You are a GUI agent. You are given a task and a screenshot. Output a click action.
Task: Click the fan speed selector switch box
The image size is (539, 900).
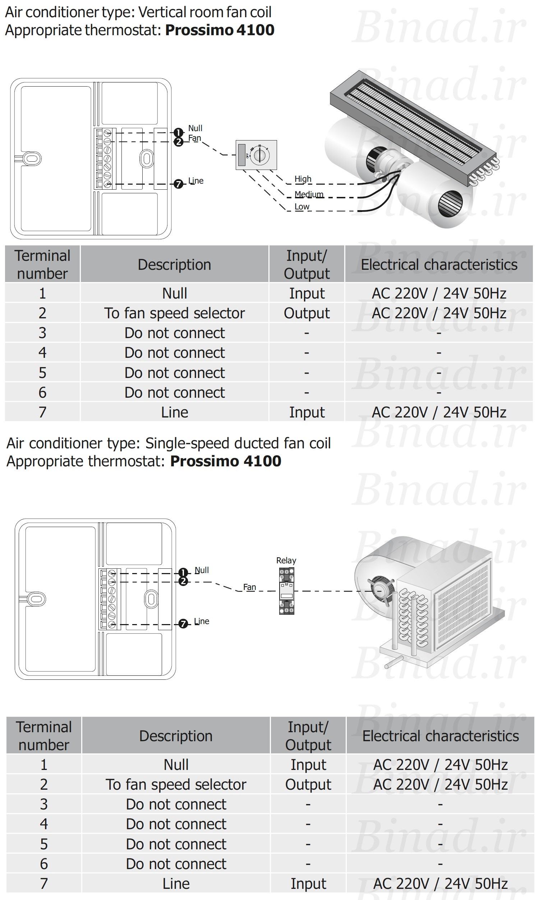click(257, 155)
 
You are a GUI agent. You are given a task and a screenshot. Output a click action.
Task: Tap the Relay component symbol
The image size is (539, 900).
click(287, 591)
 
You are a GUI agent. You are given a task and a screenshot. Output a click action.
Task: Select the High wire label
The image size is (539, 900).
click(303, 179)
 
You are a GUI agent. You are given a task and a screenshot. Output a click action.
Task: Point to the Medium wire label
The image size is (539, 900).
click(309, 194)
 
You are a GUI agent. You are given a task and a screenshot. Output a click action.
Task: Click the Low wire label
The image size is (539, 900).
click(302, 207)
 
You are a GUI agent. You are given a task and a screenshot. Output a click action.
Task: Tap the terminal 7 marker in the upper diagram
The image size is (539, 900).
click(178, 184)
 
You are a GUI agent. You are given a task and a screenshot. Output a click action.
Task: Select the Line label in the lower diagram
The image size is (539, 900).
click(202, 621)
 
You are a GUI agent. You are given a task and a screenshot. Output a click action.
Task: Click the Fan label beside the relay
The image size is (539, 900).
click(249, 587)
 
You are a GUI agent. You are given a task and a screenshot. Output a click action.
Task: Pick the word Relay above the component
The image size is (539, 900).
click(286, 560)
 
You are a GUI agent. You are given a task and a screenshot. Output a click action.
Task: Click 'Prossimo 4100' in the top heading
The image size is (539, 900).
click(220, 30)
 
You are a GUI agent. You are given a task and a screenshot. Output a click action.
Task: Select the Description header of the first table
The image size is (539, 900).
click(174, 265)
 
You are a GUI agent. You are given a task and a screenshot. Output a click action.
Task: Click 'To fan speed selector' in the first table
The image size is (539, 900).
click(174, 313)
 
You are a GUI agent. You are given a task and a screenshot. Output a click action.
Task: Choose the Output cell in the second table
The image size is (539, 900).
click(308, 785)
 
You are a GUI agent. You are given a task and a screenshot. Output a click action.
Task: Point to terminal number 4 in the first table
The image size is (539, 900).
click(42, 352)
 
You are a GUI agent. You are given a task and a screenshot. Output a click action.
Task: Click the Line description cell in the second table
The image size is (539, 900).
click(176, 884)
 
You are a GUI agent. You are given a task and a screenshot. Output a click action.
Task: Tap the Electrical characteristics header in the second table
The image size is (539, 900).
click(441, 736)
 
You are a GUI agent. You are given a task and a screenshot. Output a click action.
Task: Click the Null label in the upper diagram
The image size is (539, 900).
click(195, 128)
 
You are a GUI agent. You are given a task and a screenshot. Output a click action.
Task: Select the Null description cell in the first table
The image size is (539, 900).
click(175, 293)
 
